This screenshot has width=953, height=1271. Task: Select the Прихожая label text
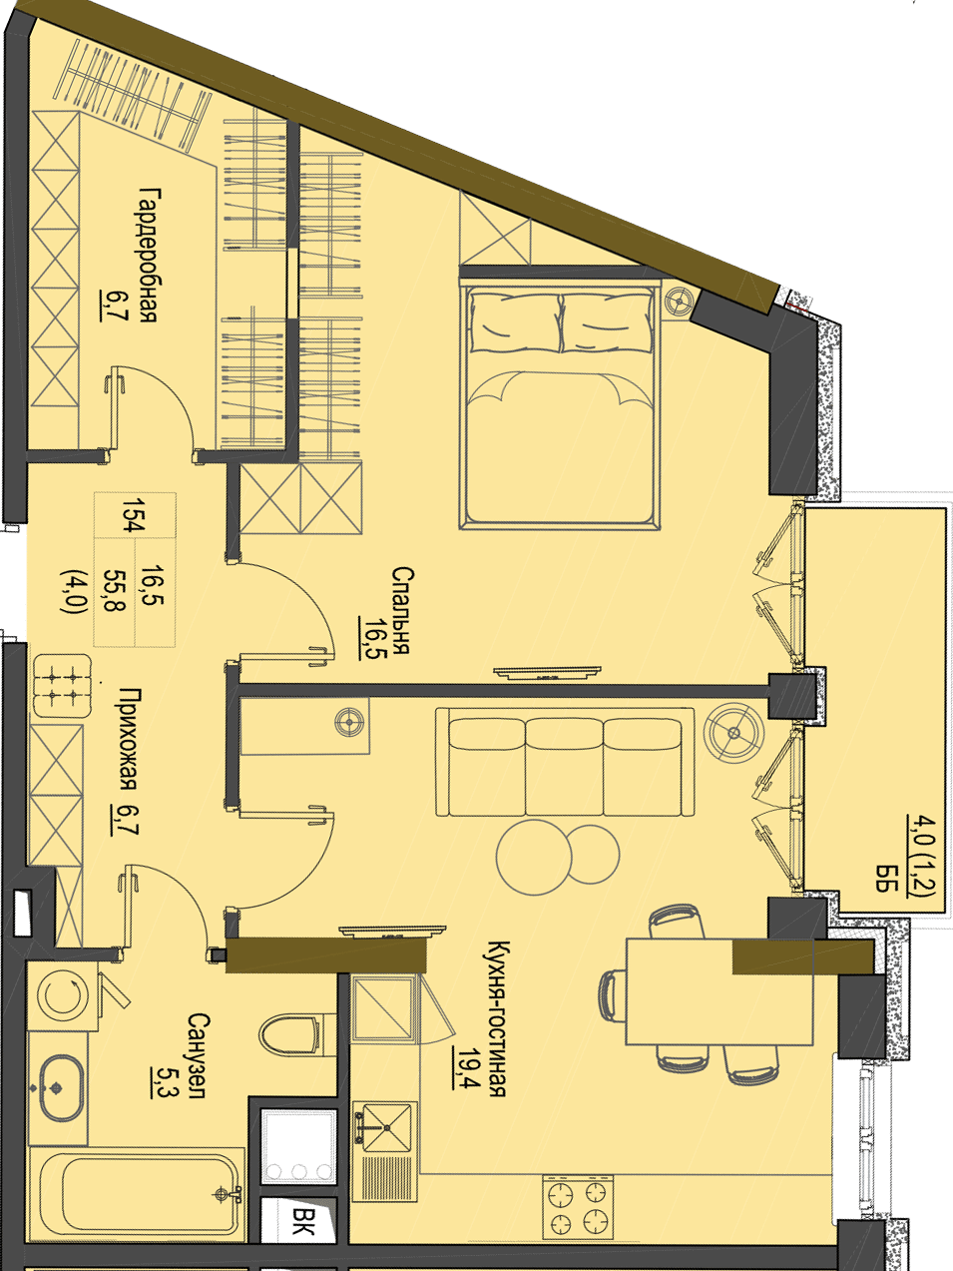coord(129,740)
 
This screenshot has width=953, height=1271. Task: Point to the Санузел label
coord(197,1055)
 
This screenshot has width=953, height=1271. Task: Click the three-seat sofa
coord(565,762)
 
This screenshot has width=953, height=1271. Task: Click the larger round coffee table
coord(534,857)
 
